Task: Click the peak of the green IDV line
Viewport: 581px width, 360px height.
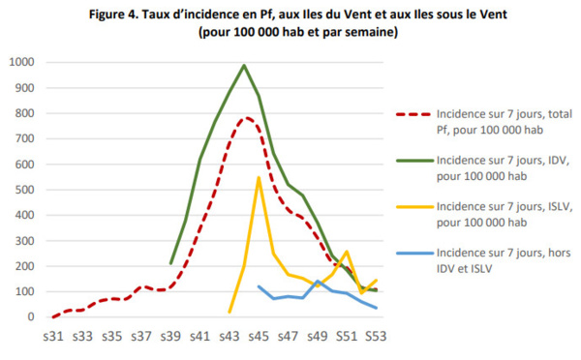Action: [x=244, y=66]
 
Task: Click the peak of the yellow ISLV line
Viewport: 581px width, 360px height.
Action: [x=259, y=178]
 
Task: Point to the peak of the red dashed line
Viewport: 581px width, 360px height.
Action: [x=246, y=118]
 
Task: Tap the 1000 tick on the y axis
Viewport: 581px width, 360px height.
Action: [x=23, y=62]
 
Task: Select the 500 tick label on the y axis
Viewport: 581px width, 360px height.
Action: [x=26, y=190]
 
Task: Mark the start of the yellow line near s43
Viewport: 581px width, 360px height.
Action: [x=229, y=312]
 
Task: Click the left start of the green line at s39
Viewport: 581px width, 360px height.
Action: [x=171, y=263]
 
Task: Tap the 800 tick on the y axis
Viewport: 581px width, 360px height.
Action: [x=26, y=113]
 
